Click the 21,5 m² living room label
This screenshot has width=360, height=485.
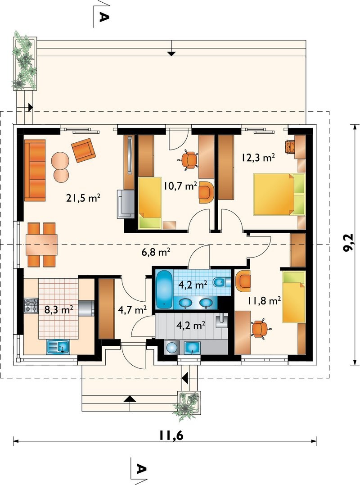(83, 198)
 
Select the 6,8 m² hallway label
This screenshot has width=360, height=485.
(156, 252)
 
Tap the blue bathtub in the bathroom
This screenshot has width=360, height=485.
(164, 289)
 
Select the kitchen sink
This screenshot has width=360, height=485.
(58, 347)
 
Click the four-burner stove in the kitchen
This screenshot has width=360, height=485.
(31, 305)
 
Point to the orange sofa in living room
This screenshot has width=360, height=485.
(35, 170)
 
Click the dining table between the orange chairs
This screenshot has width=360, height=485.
(42, 245)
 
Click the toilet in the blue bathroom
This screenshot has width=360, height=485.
(222, 282)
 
